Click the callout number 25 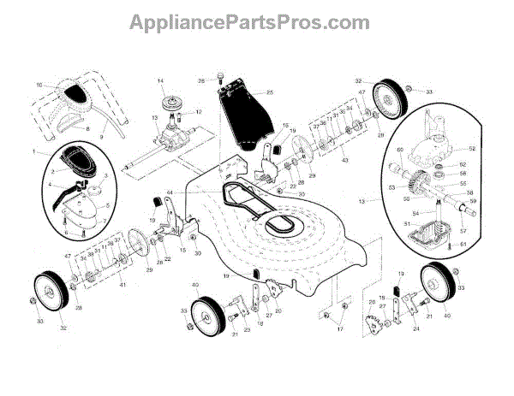(270, 92)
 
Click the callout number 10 (39, 85)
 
